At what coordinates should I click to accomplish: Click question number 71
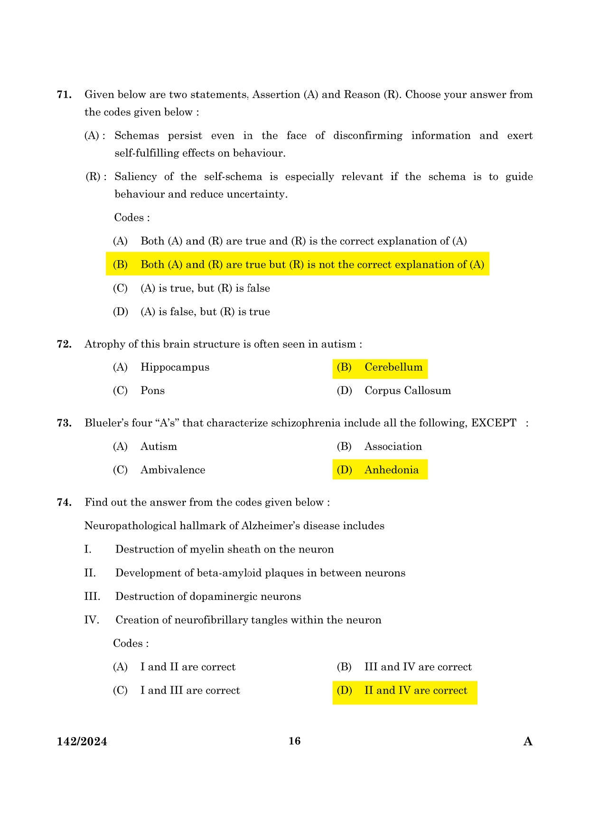[x=64, y=94]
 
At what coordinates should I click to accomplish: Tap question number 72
[x=64, y=344]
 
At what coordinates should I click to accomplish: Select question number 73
[x=64, y=423]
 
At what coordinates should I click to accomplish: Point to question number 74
[x=64, y=502]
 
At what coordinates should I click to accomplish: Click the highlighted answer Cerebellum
[x=393, y=367]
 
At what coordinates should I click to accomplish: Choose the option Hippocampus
[x=175, y=367]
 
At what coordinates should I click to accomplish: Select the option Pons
[x=152, y=391]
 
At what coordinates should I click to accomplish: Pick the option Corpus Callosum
[x=407, y=391]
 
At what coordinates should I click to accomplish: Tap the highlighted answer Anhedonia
[x=391, y=470]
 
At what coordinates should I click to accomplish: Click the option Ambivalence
[x=173, y=470]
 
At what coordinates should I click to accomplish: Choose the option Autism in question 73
[x=159, y=447]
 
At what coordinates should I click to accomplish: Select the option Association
[x=393, y=447]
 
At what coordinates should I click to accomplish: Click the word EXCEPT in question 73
[x=493, y=423]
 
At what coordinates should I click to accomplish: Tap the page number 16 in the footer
[x=294, y=741]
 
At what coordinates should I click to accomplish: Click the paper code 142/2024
[x=82, y=741]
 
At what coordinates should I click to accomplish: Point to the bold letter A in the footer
[x=528, y=741]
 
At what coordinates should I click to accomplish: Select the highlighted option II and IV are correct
[x=415, y=691]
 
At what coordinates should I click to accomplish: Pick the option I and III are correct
[x=190, y=691]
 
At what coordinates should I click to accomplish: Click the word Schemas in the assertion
[x=137, y=136]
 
